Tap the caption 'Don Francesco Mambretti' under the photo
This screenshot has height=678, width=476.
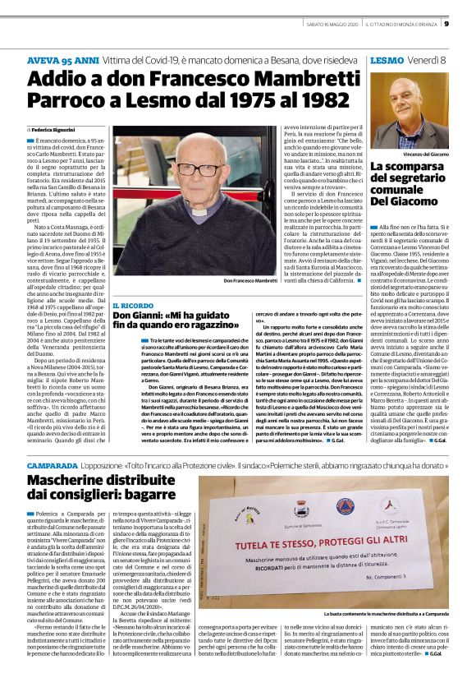[250, 281]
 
